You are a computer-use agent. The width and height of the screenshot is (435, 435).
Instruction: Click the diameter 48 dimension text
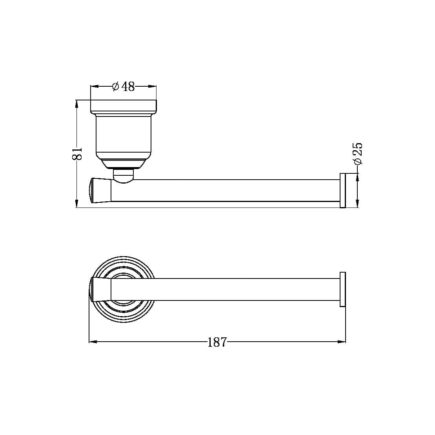pos(124,86)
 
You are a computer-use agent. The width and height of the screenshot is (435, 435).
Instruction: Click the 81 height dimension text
pos(77,153)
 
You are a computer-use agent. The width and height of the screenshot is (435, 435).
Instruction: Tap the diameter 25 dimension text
pos(357,153)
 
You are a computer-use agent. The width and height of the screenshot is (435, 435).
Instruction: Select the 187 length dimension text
pos(217,342)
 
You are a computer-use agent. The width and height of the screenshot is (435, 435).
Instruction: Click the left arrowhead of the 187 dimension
pos(93,342)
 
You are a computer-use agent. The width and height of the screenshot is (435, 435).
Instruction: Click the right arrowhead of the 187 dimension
pos(342,342)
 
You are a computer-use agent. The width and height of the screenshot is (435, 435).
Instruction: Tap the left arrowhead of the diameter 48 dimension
pos(94,86)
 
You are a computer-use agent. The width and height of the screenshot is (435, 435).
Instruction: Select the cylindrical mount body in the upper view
pos(124,135)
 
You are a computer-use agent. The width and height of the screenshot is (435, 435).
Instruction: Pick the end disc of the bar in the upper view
pos(342,190)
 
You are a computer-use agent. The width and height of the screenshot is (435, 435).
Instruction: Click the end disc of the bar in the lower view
pos(342,289)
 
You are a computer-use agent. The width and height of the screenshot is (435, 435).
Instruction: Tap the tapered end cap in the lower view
pos(100,289)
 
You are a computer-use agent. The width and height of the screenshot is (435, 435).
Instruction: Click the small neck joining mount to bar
pos(123,175)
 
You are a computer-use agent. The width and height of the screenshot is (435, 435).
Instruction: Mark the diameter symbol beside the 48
pos(116,86)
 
